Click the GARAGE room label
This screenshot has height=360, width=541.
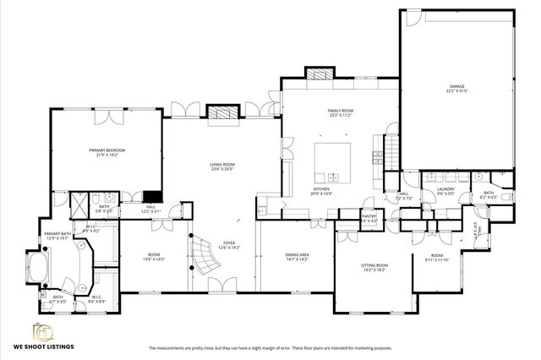tap(456, 87)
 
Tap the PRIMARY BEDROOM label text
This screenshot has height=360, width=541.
tap(107, 150)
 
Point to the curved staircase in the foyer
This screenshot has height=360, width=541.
tap(204, 251)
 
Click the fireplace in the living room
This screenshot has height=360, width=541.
tap(221, 112)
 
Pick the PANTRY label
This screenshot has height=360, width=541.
tap(369, 216)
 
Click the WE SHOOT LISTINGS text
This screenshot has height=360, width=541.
tap(43, 347)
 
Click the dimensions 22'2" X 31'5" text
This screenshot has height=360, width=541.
tap(456, 92)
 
